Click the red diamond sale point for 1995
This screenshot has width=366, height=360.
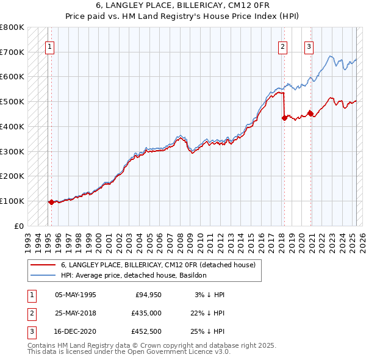click(x=51, y=202)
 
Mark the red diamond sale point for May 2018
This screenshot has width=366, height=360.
click(x=284, y=118)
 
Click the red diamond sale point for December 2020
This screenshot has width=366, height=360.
click(x=310, y=113)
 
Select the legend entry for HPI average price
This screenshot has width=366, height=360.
click(x=134, y=275)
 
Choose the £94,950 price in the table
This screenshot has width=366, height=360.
click(x=147, y=295)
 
